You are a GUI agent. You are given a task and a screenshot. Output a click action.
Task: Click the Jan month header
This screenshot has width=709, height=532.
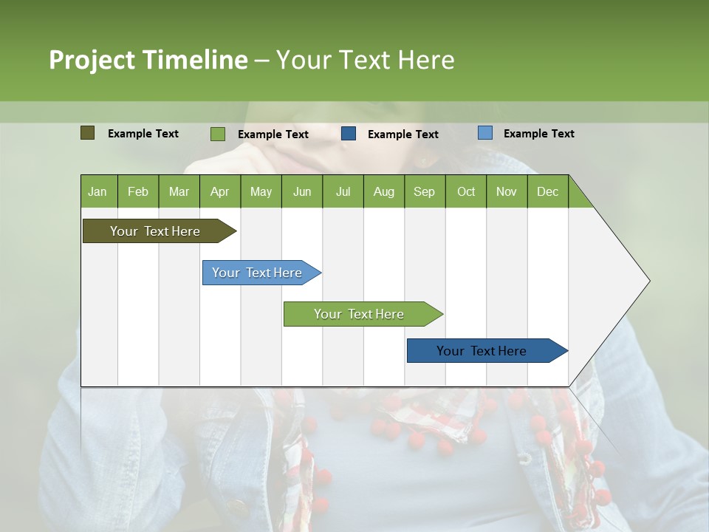[98, 191]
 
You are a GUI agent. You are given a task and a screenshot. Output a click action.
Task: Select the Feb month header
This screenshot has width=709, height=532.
[138, 191]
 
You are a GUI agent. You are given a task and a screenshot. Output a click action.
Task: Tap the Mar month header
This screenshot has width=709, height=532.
[179, 191]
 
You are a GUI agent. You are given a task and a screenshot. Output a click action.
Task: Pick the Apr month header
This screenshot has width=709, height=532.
[219, 191]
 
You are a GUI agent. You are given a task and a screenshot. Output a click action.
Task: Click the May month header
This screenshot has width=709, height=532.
[261, 191]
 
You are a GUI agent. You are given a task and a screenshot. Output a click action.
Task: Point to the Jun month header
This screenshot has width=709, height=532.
[302, 191]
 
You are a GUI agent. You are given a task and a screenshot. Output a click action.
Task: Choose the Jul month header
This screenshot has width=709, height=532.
[343, 191]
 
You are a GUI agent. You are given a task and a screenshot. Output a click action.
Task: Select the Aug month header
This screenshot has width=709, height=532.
[384, 191]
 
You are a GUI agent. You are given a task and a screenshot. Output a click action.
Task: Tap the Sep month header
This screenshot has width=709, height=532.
[425, 191]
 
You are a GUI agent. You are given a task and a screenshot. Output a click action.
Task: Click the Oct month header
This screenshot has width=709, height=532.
[466, 191]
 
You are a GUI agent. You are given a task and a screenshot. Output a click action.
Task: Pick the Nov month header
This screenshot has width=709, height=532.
[507, 191]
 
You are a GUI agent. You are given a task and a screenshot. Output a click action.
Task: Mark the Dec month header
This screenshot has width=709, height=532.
[547, 191]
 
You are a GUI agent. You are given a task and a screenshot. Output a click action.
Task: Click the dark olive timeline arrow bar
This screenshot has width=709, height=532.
[156, 231]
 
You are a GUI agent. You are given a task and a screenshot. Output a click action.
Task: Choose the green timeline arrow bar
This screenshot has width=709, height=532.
[360, 314]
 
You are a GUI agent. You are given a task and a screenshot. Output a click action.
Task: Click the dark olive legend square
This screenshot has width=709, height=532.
[87, 133]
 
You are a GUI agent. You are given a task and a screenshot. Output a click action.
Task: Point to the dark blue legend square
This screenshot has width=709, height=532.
[349, 134]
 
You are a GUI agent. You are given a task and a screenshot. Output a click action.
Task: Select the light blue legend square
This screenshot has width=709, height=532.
[484, 133]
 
